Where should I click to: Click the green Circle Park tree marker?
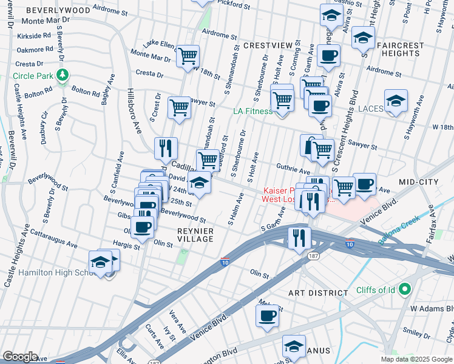62,76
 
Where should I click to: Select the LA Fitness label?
253,111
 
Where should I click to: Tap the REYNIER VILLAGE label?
195,235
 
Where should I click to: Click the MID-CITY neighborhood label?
418,182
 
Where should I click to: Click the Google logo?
21,356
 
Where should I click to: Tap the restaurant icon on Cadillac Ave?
166,147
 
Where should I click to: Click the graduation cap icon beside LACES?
396,101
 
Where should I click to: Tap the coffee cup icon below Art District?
268,315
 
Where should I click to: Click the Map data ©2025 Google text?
415,359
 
